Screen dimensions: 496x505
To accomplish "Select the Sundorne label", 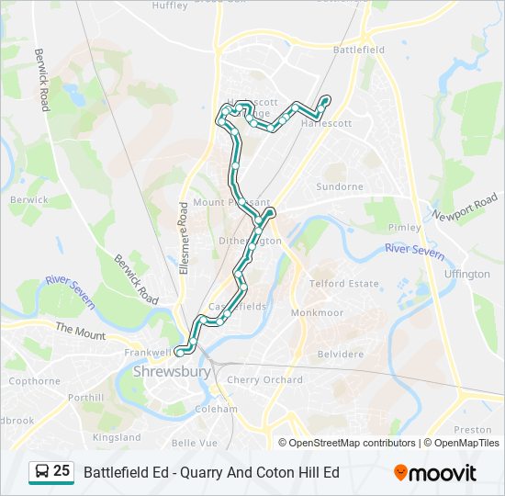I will point(340,186).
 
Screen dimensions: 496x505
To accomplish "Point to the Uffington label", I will point(466,274).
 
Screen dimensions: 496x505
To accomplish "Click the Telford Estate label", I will point(343,284).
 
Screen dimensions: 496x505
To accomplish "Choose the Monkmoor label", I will point(317,313).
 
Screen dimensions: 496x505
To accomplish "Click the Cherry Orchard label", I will point(264,379).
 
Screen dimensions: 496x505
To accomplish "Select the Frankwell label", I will point(148,352).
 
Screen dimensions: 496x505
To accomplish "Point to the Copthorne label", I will point(35,380).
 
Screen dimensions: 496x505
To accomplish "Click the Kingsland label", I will point(118,437).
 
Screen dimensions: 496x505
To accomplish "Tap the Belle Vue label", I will point(195,443).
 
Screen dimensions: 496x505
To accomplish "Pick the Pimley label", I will point(404,227).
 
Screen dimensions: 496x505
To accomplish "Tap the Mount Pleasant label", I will point(231,202).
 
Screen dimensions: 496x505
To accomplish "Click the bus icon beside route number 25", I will point(41,472).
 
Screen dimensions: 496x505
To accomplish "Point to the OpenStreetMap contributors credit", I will point(352,443).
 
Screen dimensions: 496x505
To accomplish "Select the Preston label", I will point(473,429).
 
